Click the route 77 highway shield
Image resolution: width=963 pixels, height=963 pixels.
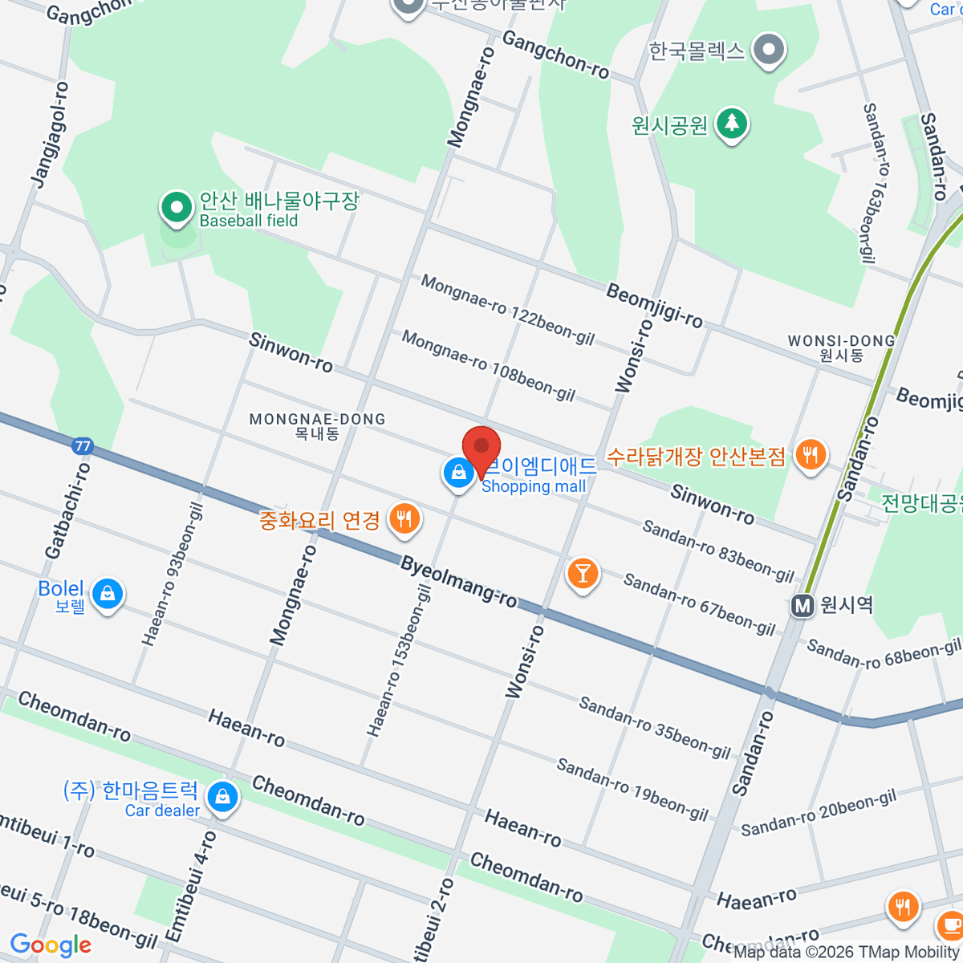click(81, 446)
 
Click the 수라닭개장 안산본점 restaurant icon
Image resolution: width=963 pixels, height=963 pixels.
click(811, 455)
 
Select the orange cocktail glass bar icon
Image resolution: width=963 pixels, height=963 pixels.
click(583, 573)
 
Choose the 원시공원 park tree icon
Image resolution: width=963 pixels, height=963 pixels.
click(731, 124)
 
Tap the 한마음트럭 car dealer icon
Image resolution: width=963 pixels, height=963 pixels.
click(221, 797)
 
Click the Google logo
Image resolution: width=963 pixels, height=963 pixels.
click(51, 945)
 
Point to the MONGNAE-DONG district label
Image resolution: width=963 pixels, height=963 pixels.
click(317, 425)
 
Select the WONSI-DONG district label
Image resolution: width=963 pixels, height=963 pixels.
click(841, 347)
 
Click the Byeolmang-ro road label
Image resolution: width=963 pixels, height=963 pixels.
click(458, 582)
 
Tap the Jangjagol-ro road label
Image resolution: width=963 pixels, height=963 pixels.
click(51, 134)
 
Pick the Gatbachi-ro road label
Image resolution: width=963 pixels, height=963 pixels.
click(68, 510)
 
